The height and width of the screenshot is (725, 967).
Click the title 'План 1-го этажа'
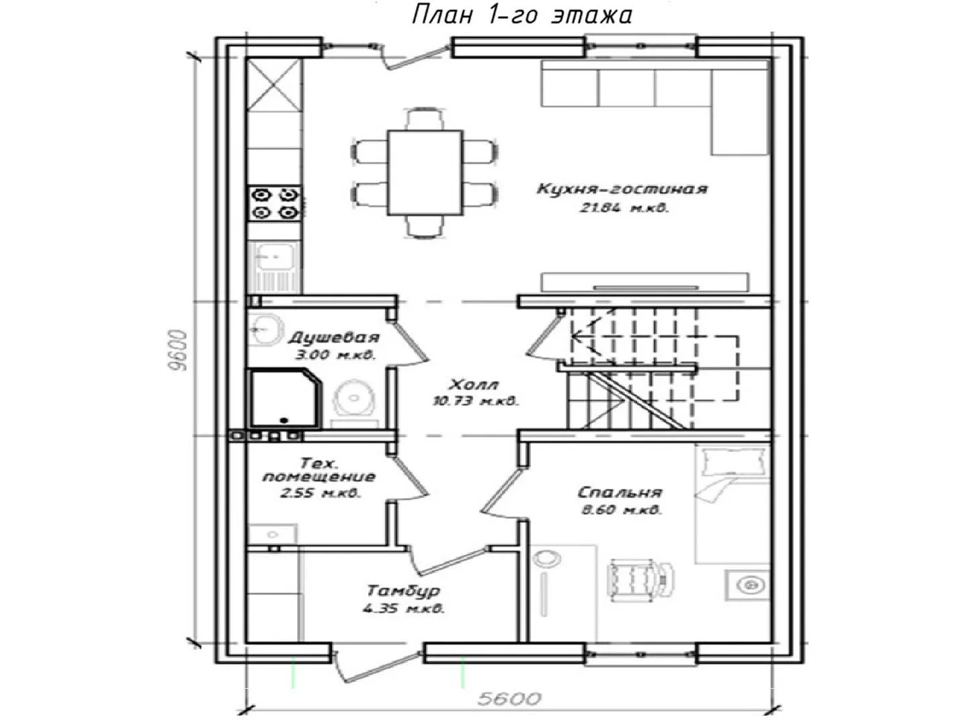click(x=522, y=15)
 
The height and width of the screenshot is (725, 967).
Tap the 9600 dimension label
click(x=179, y=350)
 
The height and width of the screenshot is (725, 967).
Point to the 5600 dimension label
click(x=509, y=699)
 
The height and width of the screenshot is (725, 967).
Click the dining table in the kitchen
click(x=424, y=172)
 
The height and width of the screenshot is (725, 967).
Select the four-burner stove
click(x=275, y=203)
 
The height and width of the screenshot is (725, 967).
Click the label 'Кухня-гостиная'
click(x=622, y=189)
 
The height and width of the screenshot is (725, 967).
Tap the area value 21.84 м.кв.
click(x=624, y=208)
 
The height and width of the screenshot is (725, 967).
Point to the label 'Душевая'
click(x=334, y=338)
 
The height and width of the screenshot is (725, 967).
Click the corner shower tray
click(x=285, y=399)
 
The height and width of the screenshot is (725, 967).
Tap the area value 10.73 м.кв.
click(x=474, y=401)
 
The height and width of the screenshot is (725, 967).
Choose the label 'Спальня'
click(x=619, y=492)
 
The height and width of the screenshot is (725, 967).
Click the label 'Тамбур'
click(x=403, y=590)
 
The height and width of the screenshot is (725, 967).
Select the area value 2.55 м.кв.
click(x=320, y=493)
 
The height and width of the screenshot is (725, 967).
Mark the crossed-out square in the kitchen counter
click(x=275, y=85)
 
